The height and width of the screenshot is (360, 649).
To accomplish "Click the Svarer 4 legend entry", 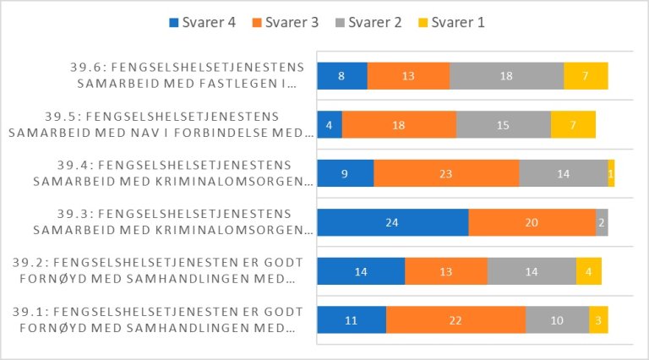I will pyautogui.click(x=199, y=22).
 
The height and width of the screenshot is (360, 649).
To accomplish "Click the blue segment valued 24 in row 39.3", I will pyautogui.click(x=392, y=222).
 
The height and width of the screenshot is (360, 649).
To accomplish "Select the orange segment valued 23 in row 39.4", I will pyautogui.click(x=446, y=173).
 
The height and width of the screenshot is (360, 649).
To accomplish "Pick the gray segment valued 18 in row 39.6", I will pyautogui.click(x=506, y=76).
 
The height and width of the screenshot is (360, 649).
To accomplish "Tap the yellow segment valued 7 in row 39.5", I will pyautogui.click(x=573, y=125).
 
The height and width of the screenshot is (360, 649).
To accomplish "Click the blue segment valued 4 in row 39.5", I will pyautogui.click(x=330, y=125).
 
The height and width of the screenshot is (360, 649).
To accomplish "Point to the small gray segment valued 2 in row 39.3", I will pyautogui.click(x=602, y=222).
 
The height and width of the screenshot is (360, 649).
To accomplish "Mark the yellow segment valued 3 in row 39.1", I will pyautogui.click(x=598, y=320).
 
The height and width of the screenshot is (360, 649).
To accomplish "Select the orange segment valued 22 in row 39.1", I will pyautogui.click(x=455, y=320).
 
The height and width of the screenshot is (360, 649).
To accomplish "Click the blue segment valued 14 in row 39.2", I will pyautogui.click(x=361, y=271).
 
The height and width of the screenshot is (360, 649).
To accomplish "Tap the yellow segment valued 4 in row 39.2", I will pyautogui.click(x=589, y=271).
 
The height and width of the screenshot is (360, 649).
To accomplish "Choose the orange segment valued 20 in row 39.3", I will pyautogui.click(x=532, y=222).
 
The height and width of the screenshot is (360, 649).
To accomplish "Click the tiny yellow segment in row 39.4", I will pyautogui.click(x=611, y=173).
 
